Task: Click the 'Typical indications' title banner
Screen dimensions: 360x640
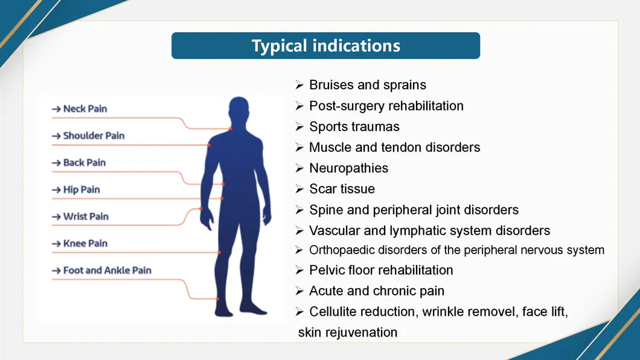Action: [325, 46]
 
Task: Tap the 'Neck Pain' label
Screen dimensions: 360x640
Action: [85, 109]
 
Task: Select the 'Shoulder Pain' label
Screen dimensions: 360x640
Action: [94, 136]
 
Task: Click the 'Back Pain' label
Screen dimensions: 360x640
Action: [84, 162]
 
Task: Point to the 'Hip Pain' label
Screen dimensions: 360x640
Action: [82, 190]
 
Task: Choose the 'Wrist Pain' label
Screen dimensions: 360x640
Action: [86, 216]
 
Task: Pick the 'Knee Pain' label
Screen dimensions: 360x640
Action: [85, 243]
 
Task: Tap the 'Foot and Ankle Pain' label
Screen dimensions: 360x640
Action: [107, 270]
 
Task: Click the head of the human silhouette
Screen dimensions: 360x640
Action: [238, 110]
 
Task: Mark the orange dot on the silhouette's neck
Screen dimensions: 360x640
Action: [231, 128]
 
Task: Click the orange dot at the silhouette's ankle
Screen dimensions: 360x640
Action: [217, 298]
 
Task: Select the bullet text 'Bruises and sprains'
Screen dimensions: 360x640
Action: [367, 85]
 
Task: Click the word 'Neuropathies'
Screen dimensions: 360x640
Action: [348, 168]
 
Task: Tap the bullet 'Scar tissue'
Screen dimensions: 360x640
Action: [342, 189]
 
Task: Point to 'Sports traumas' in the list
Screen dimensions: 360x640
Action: [354, 127]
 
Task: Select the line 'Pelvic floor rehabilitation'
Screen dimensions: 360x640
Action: [380, 270]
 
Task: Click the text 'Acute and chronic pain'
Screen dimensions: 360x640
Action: [376, 291]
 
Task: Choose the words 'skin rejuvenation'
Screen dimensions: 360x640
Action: [348, 332]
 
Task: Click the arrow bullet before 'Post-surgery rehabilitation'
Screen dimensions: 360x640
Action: [299, 106]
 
